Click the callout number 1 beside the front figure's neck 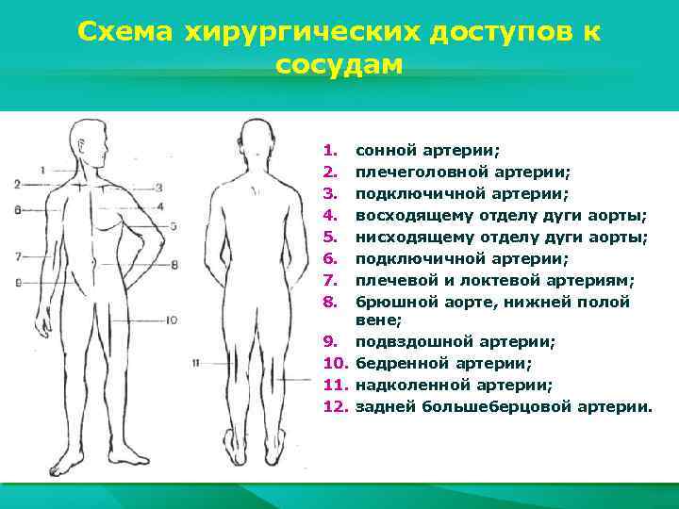coord(43,170)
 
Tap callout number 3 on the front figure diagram coord(158,188)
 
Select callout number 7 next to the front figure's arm coord(19,256)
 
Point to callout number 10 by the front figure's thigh coord(171,320)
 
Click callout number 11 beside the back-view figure coord(194,362)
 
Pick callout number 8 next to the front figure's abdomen coord(174,266)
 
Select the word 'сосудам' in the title coord(339,65)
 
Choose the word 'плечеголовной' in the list coord(414,171)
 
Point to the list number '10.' coord(336,364)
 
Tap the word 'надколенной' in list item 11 coord(403,386)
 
